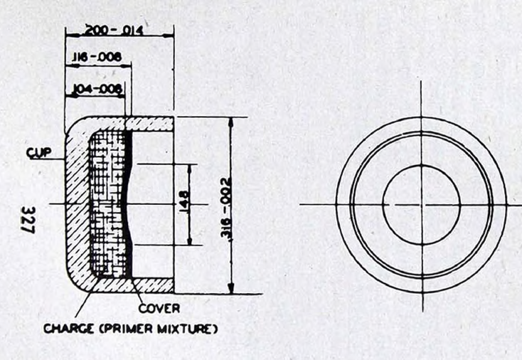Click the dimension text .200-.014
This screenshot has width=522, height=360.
click(x=114, y=31)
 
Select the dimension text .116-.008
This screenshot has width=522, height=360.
click(x=97, y=57)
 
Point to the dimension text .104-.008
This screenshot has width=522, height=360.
click(x=97, y=89)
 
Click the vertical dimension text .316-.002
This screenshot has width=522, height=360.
click(x=226, y=207)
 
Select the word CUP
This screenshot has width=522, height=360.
click(x=39, y=152)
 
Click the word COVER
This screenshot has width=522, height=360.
click(x=159, y=308)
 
